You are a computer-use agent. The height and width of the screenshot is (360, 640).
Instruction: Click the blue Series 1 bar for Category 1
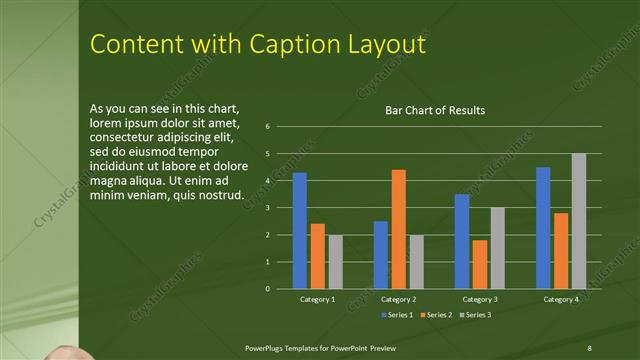click(299, 231)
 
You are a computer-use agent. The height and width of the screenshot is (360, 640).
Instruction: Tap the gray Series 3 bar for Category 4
click(579, 221)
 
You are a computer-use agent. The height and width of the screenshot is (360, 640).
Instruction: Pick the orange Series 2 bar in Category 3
click(480, 264)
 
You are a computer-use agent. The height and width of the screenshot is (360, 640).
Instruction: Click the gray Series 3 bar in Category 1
click(335, 262)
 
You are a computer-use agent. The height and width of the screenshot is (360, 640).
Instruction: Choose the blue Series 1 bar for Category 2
click(381, 255)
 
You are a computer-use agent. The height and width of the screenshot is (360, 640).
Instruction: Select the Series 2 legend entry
click(436, 314)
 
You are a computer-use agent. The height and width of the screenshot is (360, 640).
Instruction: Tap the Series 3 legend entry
click(476, 314)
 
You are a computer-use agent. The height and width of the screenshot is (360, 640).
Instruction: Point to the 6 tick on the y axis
click(268, 127)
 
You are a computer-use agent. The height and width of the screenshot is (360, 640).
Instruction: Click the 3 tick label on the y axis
click(268, 208)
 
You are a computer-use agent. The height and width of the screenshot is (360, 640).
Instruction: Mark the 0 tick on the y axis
click(268, 289)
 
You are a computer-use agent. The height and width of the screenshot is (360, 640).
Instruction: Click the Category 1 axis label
click(318, 299)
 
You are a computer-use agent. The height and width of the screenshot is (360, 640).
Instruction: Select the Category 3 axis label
click(479, 299)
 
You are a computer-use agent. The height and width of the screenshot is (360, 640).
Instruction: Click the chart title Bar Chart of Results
click(435, 110)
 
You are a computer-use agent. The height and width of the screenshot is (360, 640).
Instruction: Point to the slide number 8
click(589, 346)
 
